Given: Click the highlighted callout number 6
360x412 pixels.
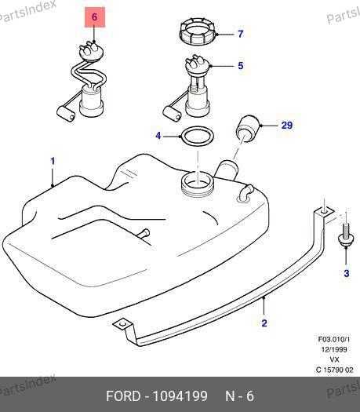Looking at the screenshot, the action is pos(94,17).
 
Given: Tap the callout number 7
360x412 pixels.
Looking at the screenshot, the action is pos(241,34).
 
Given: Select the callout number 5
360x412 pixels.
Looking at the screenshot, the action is pos(241,66).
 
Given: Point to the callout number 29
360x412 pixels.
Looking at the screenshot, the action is pos(287,125).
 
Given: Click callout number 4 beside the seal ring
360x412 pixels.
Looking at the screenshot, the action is pos(158,136).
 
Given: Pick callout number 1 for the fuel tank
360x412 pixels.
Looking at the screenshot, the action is pos(53,161).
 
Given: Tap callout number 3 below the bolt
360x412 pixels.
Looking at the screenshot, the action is pos(347,273).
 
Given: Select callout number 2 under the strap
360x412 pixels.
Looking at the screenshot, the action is pos(264,323).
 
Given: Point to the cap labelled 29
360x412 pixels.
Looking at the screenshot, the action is pos(248,129).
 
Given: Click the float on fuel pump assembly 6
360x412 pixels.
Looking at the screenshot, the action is pos(66,114).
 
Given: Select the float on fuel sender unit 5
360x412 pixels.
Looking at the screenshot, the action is pos(172,114).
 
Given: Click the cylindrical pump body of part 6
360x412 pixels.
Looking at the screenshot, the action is pos(91,102).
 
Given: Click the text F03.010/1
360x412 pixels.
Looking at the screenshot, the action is pos(334,339).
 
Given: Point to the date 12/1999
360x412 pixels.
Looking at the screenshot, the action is pos(334,349).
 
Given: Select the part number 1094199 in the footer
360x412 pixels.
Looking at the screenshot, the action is pos(180,396).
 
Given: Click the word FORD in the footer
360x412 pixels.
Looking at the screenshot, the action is pos(123,396).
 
